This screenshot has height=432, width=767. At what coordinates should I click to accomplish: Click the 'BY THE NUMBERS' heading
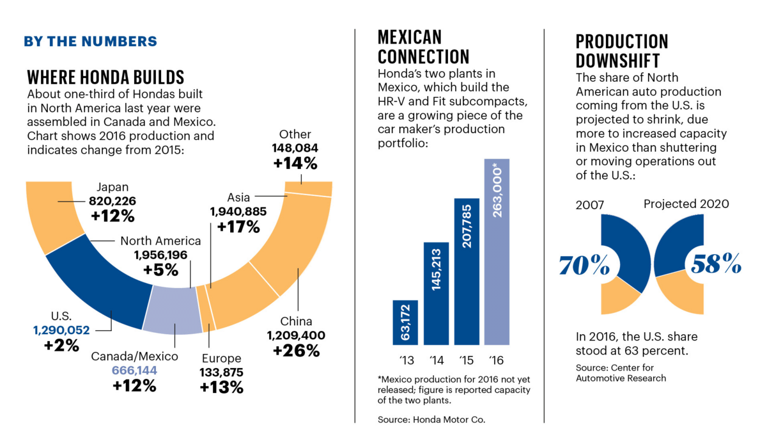[x=90, y=42]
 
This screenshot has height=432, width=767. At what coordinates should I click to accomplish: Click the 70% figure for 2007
[x=584, y=264]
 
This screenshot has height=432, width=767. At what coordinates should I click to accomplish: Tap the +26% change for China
[x=296, y=350]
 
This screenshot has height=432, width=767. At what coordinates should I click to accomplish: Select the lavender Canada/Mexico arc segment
[x=171, y=310]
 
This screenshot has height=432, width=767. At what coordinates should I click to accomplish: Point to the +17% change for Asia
[x=238, y=226]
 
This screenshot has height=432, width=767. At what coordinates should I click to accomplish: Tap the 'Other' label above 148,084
[x=295, y=134]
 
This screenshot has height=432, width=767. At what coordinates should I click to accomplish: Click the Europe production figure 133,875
[x=221, y=372]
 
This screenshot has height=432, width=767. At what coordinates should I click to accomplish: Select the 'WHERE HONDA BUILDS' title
[x=105, y=77]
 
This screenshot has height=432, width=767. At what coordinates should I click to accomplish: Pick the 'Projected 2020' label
[x=686, y=204]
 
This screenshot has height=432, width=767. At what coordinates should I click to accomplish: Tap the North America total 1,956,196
[x=160, y=255]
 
